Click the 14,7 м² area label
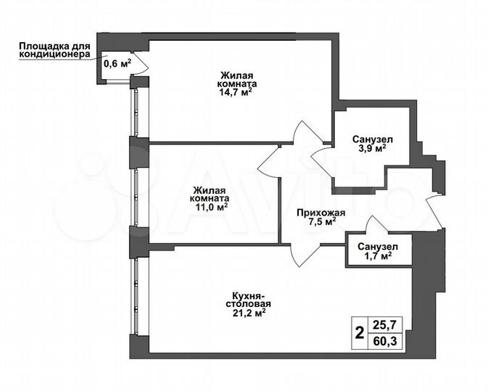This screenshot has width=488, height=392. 237,92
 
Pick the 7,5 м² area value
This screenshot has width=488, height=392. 320,223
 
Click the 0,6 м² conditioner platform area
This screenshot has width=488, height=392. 117,63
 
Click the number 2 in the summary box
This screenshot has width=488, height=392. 359,335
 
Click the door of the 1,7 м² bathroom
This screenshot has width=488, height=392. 368,224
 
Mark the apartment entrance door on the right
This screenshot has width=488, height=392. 437,211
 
